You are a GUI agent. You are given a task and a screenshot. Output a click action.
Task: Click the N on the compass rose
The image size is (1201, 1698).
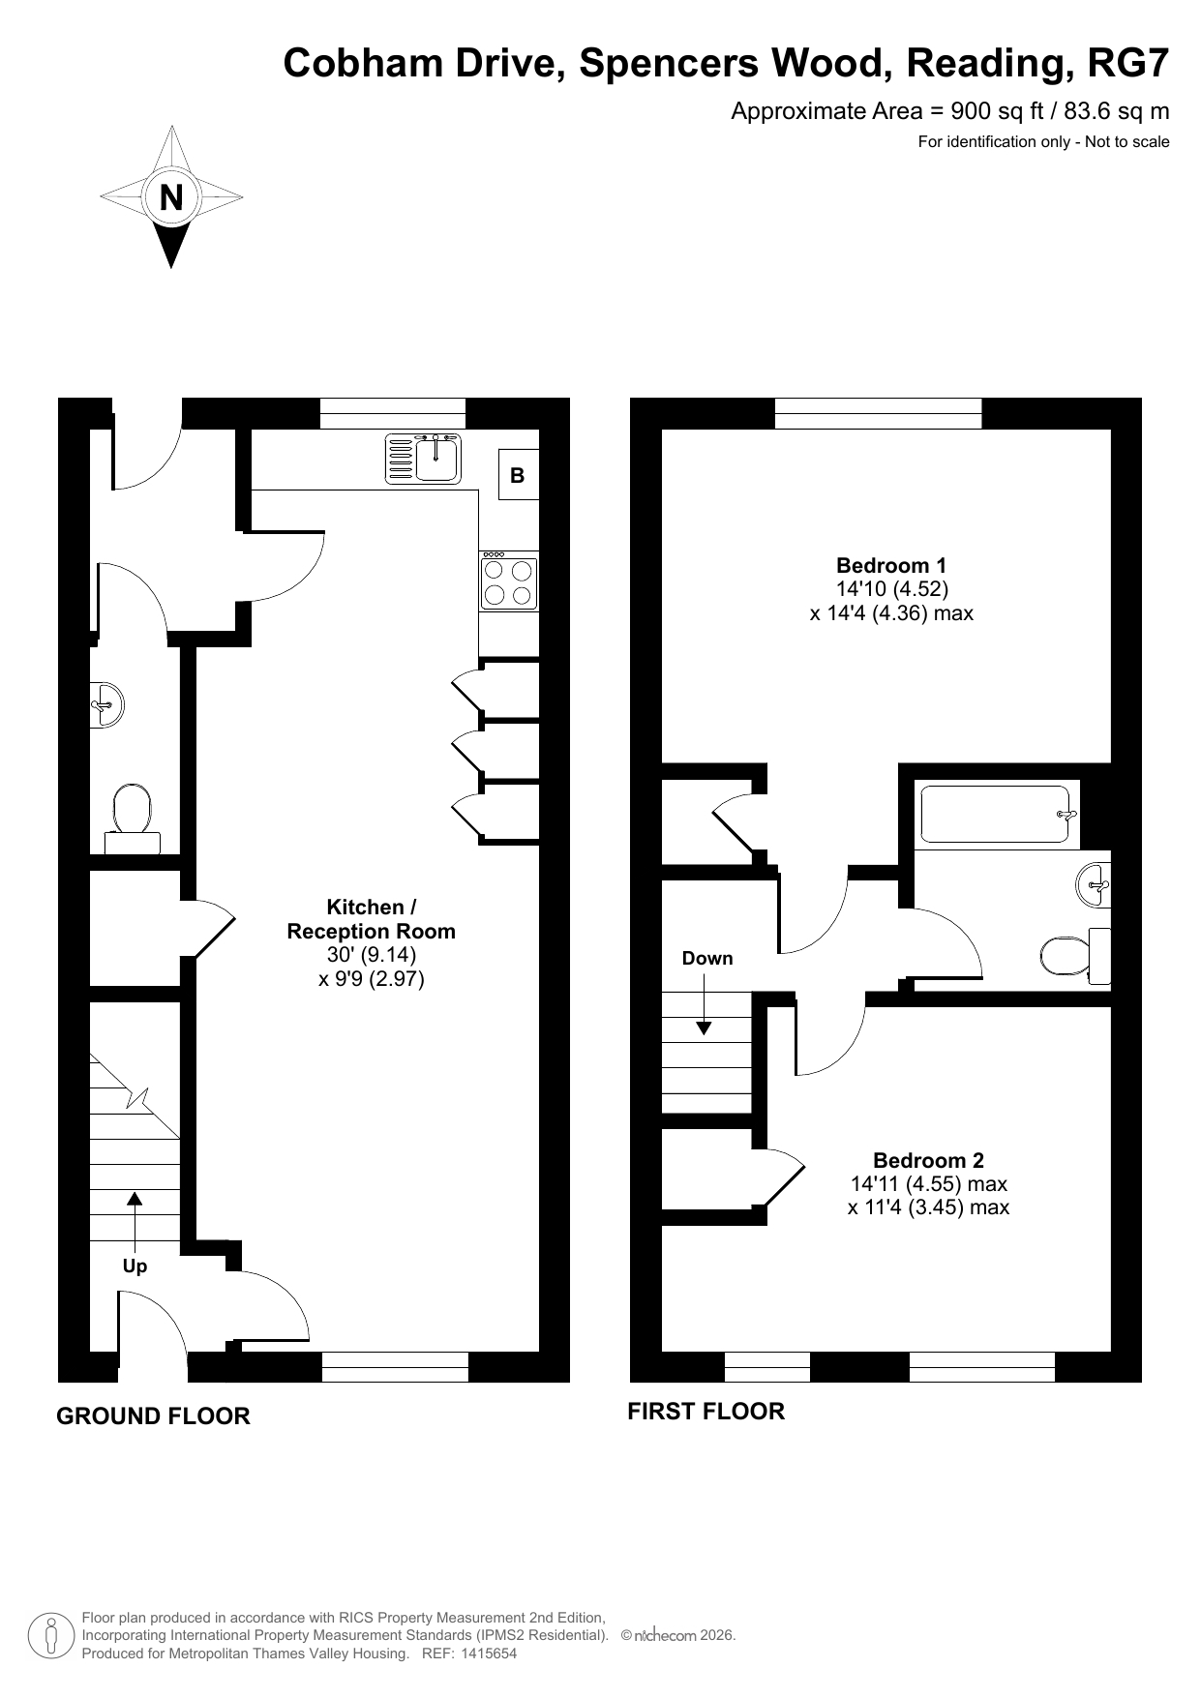(x=171, y=197)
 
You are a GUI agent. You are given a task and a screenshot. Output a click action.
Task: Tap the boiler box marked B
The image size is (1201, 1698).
(x=518, y=475)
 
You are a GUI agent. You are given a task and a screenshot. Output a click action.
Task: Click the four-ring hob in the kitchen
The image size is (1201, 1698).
(x=509, y=581)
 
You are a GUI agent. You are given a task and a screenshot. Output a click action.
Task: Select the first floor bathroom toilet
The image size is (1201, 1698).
(x=1075, y=956)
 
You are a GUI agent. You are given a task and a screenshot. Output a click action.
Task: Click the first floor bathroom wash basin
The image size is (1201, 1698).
(x=1094, y=884)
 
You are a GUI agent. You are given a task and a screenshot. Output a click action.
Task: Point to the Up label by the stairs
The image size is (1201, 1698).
(x=135, y=1266)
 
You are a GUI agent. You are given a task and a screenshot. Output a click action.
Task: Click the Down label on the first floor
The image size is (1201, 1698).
(x=707, y=959)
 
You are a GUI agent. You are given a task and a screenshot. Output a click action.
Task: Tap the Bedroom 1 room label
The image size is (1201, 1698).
(x=891, y=565)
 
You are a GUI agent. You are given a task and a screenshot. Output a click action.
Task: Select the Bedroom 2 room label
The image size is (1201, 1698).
(x=928, y=1160)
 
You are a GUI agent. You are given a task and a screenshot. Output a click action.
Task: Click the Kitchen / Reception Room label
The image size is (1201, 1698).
(x=372, y=919)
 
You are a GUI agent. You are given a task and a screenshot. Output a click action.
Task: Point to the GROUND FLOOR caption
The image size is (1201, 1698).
(x=153, y=1416)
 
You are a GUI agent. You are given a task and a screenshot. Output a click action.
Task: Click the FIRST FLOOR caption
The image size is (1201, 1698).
(x=706, y=1412)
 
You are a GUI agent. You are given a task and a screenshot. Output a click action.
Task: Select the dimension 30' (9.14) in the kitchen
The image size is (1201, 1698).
(x=372, y=955)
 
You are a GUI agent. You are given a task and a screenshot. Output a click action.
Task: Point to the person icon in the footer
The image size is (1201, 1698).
(x=52, y=1635)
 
